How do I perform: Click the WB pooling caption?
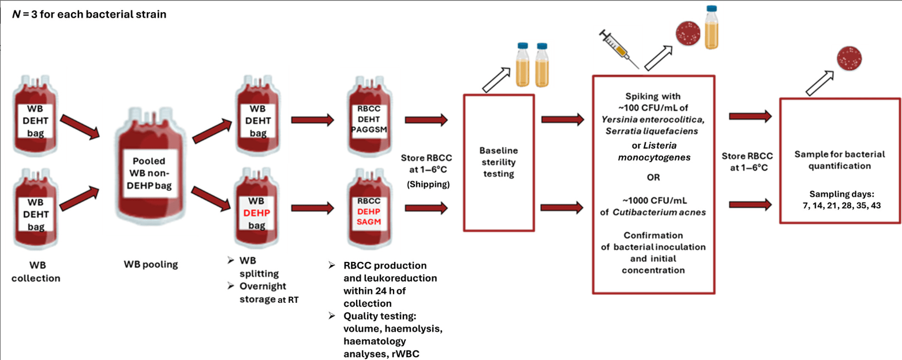pos(151,265)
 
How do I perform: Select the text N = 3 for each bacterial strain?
pos(89,14)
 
